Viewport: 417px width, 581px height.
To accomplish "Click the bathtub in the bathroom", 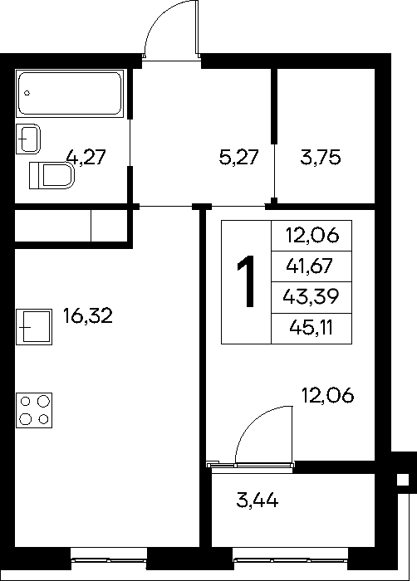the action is pyautogui.click(x=70, y=93).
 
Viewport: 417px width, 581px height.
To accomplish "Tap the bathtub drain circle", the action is pyautogui.click(x=27, y=93).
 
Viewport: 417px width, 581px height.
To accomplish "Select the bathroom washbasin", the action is pyautogui.click(x=27, y=139).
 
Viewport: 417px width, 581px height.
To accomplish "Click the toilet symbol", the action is pyautogui.click(x=52, y=175).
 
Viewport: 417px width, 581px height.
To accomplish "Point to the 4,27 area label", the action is pyautogui.click(x=86, y=157).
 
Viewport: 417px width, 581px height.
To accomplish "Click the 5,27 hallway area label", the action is pyautogui.click(x=238, y=158).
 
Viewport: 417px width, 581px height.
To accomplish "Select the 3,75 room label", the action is pyautogui.click(x=320, y=158).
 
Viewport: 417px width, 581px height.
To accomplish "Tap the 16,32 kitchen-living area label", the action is pyautogui.click(x=88, y=315).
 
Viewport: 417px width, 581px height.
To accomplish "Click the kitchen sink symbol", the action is pyautogui.click(x=34, y=327).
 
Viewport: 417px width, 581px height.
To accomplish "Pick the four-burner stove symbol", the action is pyautogui.click(x=34, y=411).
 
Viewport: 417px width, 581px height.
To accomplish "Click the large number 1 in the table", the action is pyautogui.click(x=247, y=281).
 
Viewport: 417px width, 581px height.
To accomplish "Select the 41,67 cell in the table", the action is pyautogui.click(x=312, y=266).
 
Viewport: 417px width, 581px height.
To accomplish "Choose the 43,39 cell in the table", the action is pyautogui.click(x=312, y=297).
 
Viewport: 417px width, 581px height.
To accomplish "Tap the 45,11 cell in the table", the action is pyautogui.click(x=312, y=329).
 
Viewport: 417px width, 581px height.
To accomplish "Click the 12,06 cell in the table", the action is pyautogui.click(x=312, y=236).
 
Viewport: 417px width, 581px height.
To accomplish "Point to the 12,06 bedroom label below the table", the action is pyautogui.click(x=328, y=396).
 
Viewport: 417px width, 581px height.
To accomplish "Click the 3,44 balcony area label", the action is pyautogui.click(x=258, y=501).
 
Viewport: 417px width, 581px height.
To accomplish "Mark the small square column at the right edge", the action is pyautogui.click(x=403, y=480).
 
